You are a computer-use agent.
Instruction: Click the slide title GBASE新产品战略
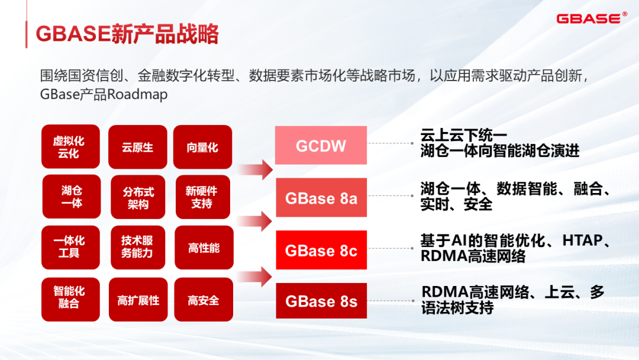127,34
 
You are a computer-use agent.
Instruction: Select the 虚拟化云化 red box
70,147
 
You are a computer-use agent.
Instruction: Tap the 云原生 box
137,147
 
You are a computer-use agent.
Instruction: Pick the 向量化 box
202,147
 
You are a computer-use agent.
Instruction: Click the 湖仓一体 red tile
71,197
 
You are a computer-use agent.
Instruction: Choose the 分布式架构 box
138,197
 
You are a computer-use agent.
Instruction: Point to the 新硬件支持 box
202,197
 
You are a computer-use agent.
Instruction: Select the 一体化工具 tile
70,247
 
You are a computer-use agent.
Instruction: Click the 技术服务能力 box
137,247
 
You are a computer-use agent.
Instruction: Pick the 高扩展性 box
138,300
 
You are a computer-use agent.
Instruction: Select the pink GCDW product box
321,146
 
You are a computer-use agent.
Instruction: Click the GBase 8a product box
321,198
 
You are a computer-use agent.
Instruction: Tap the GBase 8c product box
321,250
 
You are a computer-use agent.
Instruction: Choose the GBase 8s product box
321,301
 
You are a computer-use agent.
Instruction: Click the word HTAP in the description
582,240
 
